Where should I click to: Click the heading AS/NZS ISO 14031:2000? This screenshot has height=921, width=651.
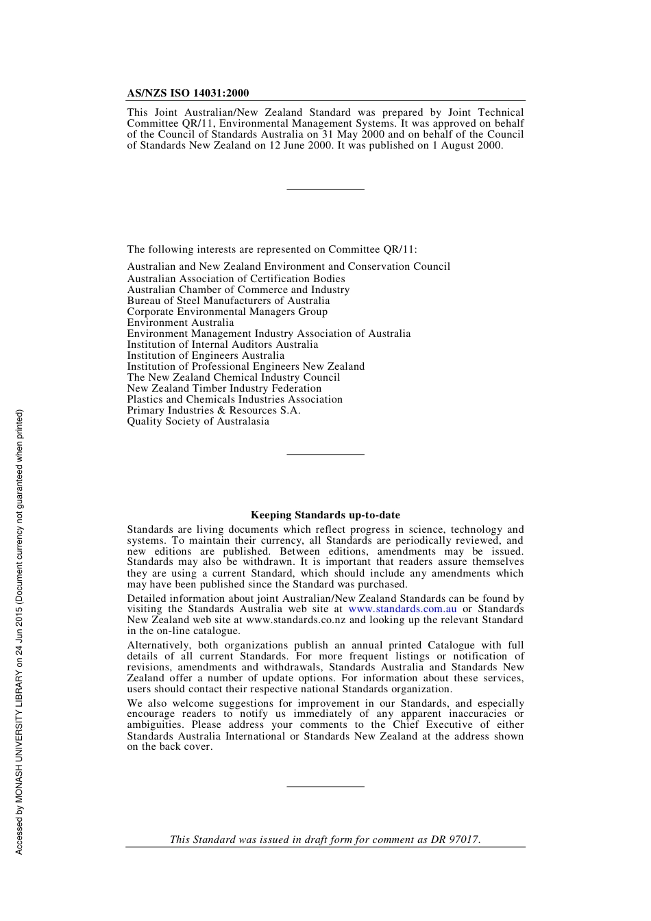point(188,93)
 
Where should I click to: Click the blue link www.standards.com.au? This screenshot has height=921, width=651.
point(402,609)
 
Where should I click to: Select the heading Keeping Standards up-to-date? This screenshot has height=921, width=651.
point(325,515)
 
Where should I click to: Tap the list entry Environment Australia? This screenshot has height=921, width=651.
point(180,323)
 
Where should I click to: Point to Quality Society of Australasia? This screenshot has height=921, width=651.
point(198,421)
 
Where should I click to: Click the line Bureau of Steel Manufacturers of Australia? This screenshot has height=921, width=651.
point(228,301)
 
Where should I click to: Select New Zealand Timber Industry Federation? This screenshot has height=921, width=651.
point(224,388)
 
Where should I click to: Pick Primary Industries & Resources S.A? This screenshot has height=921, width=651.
point(213,410)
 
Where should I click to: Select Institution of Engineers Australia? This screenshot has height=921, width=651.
point(206,355)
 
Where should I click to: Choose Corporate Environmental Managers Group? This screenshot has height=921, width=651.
point(227,312)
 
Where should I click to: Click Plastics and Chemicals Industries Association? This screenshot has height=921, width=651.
point(234,399)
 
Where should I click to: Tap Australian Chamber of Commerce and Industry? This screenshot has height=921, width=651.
point(238,290)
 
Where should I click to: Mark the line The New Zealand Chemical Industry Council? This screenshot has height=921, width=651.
point(233,377)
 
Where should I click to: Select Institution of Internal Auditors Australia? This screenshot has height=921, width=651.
point(222,344)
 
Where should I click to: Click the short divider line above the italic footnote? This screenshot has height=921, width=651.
point(325,786)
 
